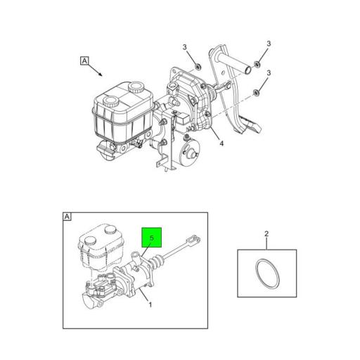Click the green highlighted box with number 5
(152, 237)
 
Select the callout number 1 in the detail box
(150, 304)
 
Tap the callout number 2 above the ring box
(266, 233)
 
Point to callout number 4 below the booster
(221, 143)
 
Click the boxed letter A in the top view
(84, 60)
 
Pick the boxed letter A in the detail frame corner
(67, 217)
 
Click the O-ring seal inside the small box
(267, 274)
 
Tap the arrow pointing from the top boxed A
(96, 70)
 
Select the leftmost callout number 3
(185, 47)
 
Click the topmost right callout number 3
(269, 44)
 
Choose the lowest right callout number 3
(269, 73)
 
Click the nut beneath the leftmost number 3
(198, 67)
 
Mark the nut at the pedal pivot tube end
(257, 64)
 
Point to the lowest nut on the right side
(257, 93)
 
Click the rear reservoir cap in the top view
(136, 88)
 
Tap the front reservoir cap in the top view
(111, 102)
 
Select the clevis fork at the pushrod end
(193, 239)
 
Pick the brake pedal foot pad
(251, 125)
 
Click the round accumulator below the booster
(189, 151)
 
